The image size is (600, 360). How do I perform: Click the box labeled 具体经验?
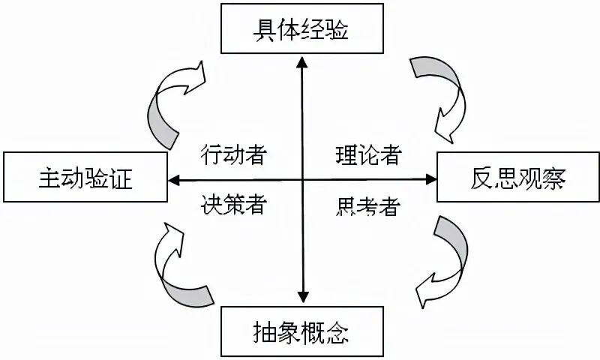point(301,31)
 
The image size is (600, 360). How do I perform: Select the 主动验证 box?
point(85,178)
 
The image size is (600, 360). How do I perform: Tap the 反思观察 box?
point(517,178)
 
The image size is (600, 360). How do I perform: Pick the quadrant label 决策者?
point(234,204)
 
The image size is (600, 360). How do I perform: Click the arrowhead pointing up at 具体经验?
point(302,64)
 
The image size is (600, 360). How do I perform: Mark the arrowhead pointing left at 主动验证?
point(172,179)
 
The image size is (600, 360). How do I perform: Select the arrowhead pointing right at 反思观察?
point(430,179)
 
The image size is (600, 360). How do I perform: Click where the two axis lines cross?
point(302,179)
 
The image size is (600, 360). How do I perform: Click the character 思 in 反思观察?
point(503,178)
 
